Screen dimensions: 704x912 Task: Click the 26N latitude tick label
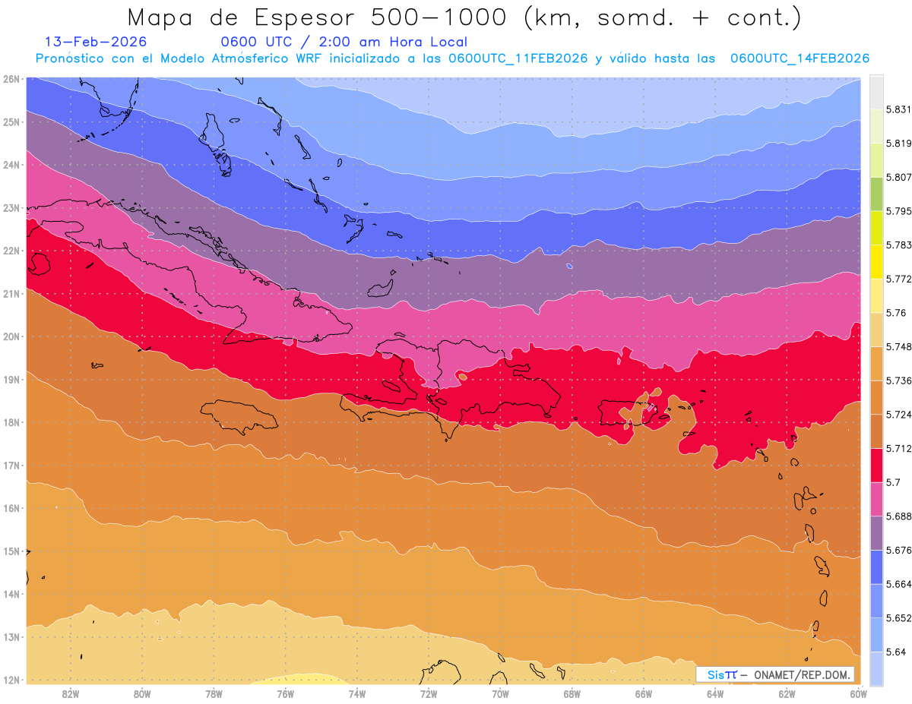pyautogui.click(x=11, y=78)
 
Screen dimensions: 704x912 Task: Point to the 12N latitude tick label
pyautogui.click(x=11, y=680)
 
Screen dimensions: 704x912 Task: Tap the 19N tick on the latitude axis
pyautogui.click(x=11, y=379)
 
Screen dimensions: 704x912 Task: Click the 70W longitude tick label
pyautogui.click(x=500, y=693)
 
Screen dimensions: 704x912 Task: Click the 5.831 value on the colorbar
pyautogui.click(x=895, y=109)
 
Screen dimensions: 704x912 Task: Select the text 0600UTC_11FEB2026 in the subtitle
pyautogui.click(x=518, y=58)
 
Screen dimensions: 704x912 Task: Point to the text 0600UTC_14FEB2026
pyautogui.click(x=800, y=58)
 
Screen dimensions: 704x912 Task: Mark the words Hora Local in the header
pyautogui.click(x=429, y=42)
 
